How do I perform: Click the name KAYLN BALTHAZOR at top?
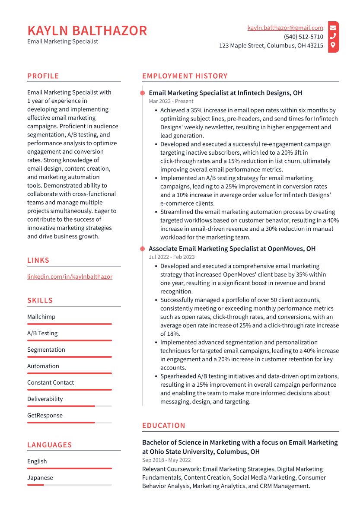tap(87, 31)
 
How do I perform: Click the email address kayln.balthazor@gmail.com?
tap(285, 28)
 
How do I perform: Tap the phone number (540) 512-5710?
tap(303, 37)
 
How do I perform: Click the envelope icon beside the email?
tap(333, 28)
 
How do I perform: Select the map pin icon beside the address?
tap(333, 45)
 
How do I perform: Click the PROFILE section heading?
tap(43, 76)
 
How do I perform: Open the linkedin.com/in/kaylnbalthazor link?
tap(70, 277)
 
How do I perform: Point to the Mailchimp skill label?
tap(41, 317)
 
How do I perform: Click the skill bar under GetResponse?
tap(69, 423)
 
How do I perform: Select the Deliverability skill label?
tap(45, 399)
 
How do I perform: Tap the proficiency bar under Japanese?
tap(69, 485)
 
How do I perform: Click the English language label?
tap(37, 461)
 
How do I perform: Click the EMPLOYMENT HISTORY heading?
tap(185, 76)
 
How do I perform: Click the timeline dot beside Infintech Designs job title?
tap(142, 93)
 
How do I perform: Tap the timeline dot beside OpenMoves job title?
tap(142, 249)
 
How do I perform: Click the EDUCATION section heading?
tap(163, 426)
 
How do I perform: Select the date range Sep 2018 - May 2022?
tap(166, 460)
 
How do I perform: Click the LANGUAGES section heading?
tap(49, 445)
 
